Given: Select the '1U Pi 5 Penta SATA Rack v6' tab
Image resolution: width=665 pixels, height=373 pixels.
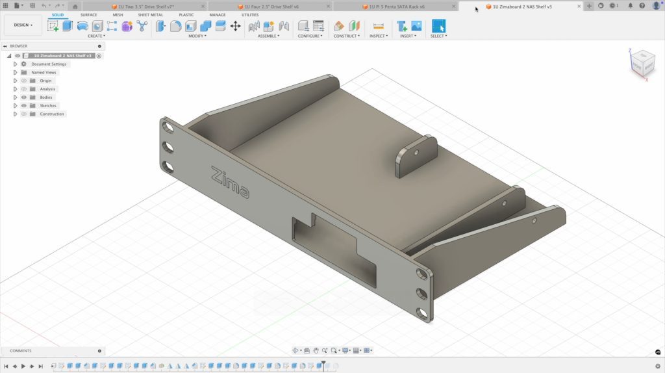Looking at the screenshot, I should (x=393, y=6).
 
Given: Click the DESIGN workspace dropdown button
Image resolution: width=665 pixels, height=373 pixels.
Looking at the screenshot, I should (x=23, y=25).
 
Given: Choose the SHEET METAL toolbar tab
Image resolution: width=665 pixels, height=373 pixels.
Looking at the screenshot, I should (x=150, y=14).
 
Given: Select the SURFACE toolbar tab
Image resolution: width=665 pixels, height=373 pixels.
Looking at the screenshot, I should (x=89, y=14).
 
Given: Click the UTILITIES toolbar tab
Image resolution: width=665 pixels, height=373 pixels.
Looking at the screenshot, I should (x=250, y=14).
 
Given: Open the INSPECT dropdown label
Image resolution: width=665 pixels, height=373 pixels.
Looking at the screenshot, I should (x=379, y=36).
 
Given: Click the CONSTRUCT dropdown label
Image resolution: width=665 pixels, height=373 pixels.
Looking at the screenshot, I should (x=346, y=36).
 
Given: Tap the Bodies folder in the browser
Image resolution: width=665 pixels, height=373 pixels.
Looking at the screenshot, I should (x=46, y=97).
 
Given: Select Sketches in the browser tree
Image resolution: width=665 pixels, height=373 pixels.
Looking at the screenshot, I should (x=48, y=106).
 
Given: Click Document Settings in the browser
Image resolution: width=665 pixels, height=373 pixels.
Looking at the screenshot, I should (x=49, y=64).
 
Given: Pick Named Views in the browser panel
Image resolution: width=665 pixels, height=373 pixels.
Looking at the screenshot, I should (x=44, y=73).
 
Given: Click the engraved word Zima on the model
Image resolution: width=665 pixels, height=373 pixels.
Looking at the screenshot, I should (x=229, y=183).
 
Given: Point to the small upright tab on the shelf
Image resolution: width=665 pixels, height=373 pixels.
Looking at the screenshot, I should (x=416, y=157).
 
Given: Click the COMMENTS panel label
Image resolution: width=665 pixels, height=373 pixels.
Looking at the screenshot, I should (x=21, y=351).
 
